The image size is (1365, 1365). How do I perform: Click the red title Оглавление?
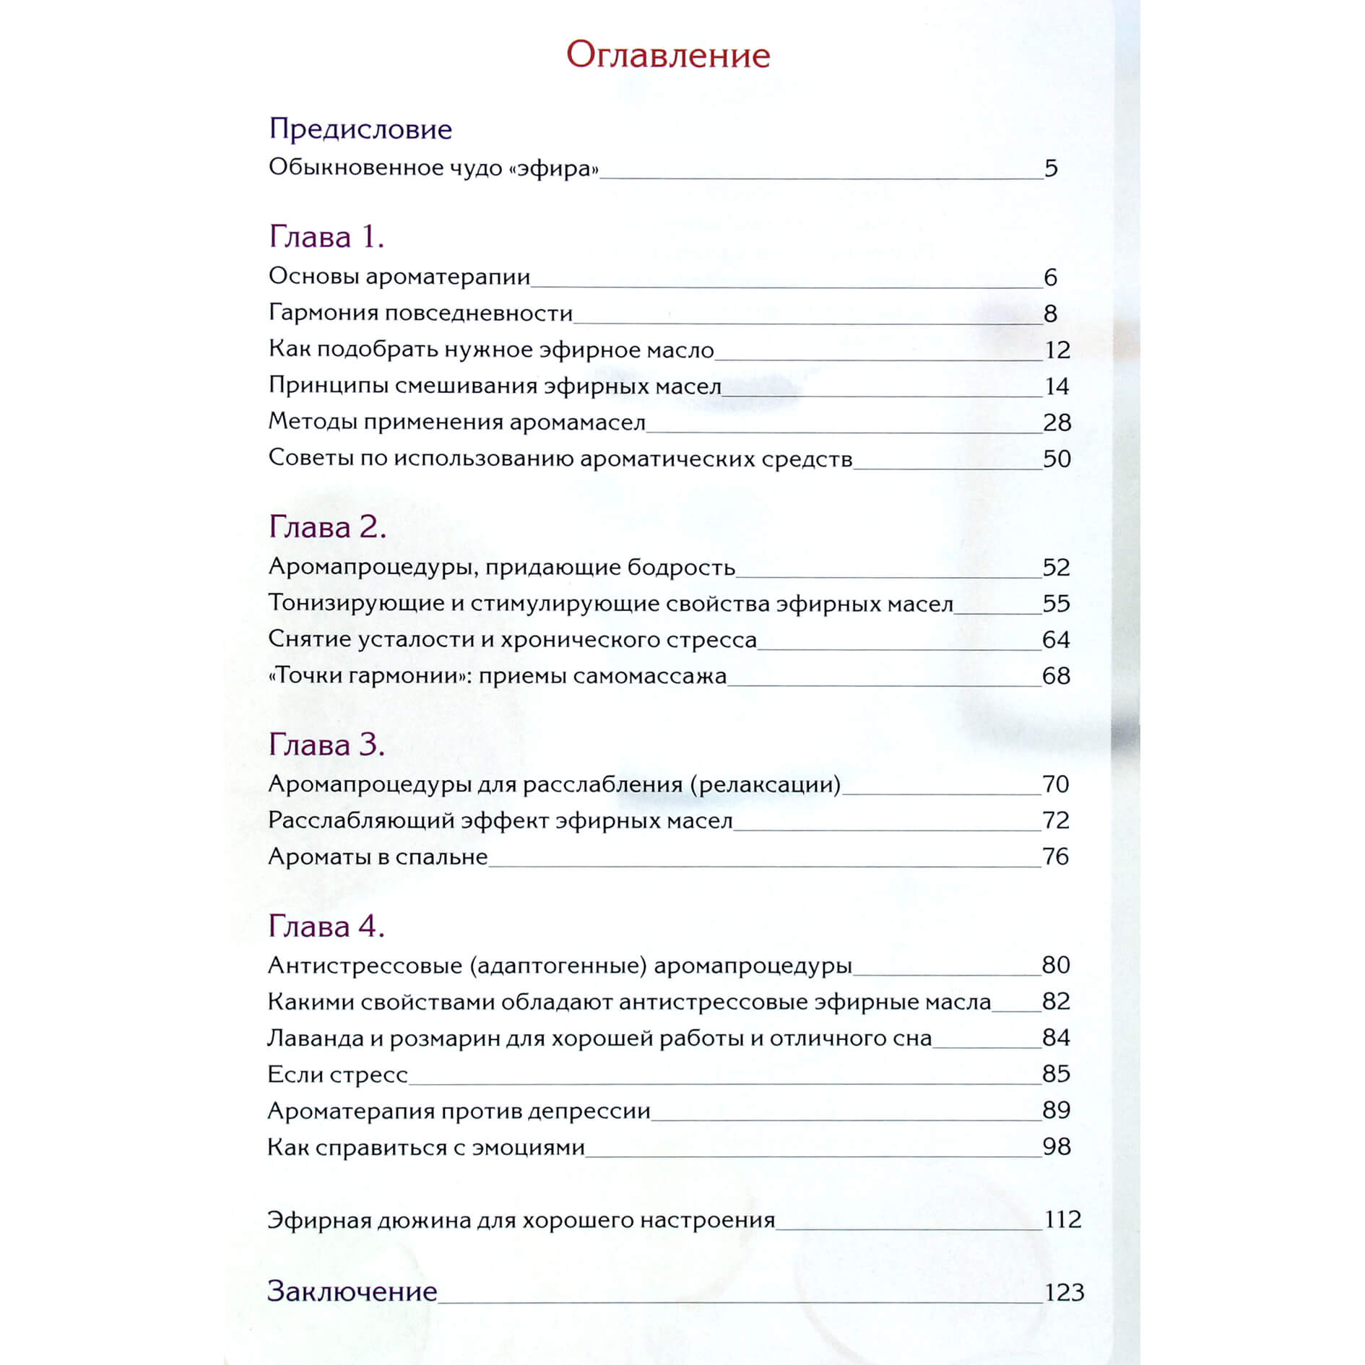coord(668,55)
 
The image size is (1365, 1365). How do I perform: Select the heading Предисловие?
coord(360,129)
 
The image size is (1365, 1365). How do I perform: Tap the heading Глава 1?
coord(326,237)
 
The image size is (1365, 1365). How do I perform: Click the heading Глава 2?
coord(327,527)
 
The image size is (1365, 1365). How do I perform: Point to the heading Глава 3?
coord(326,745)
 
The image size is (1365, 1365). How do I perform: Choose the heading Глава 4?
coord(326,926)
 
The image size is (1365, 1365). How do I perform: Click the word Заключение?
coord(352,1291)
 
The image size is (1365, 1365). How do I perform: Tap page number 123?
coord(1064,1292)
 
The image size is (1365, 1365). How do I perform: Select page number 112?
coord(1062,1220)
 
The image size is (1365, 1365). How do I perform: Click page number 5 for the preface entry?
coord(1051,168)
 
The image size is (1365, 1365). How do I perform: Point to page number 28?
coord(1057,422)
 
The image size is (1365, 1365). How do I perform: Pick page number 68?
coord(1056,676)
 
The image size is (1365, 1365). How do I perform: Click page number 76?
coord(1055,857)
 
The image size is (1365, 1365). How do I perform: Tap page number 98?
coord(1056,1147)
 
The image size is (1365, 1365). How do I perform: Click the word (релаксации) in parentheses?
coord(766,784)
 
